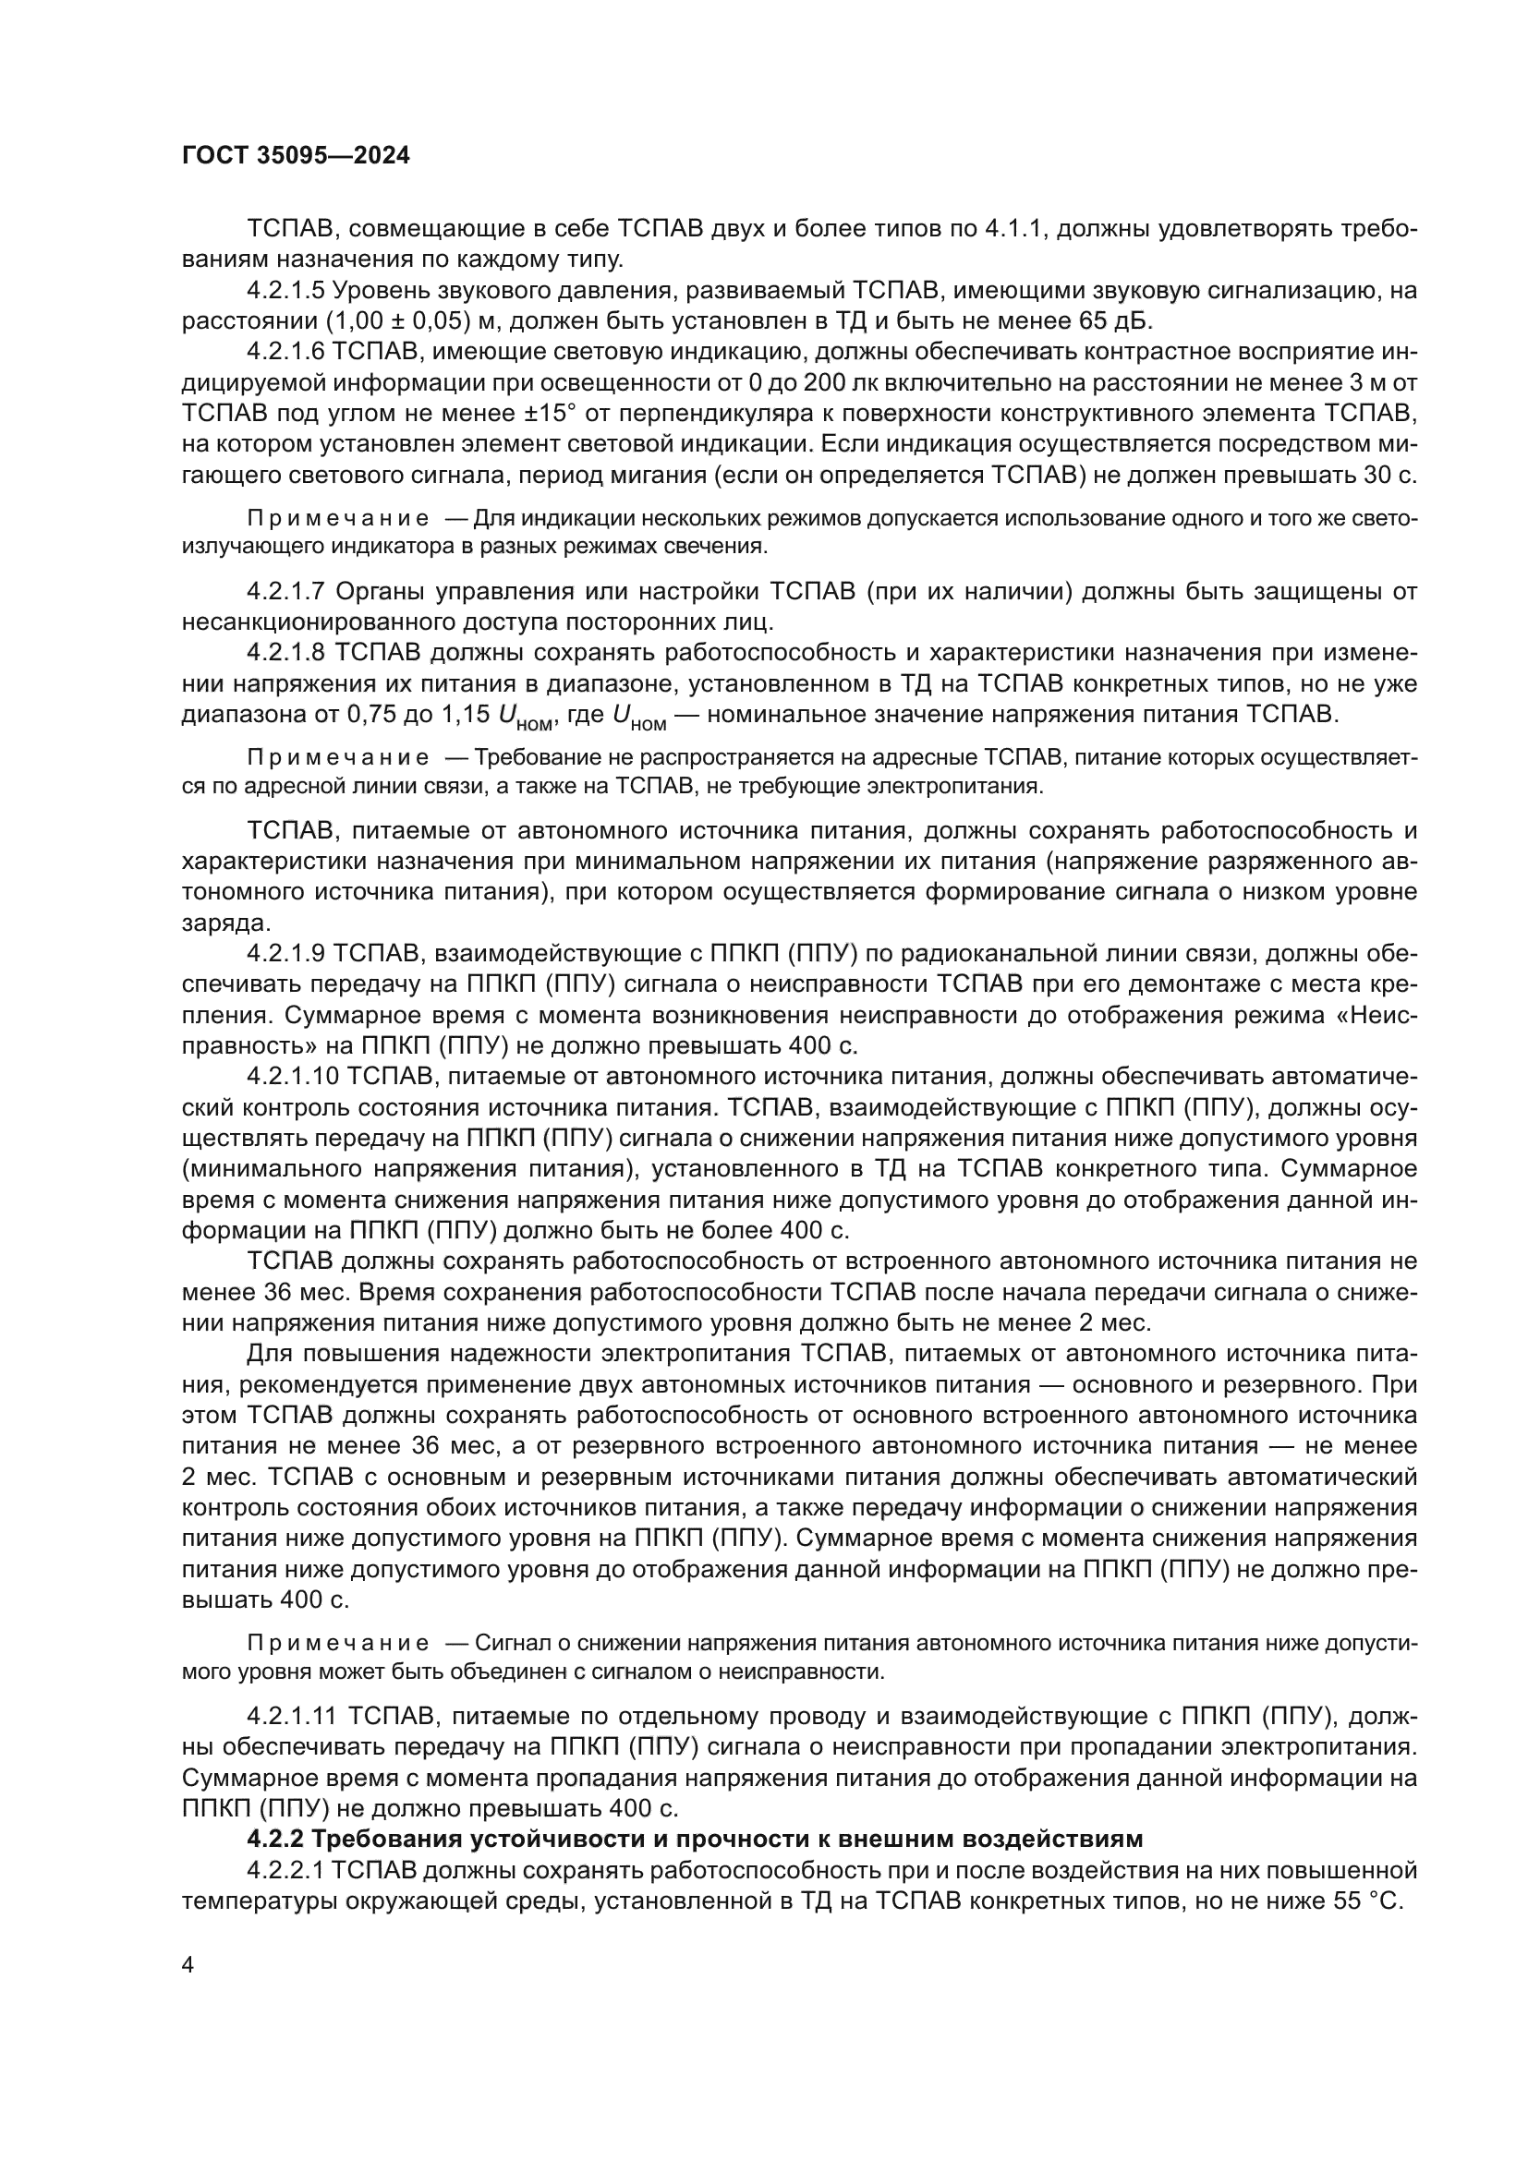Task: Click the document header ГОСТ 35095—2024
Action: click(x=296, y=156)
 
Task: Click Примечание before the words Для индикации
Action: click(x=338, y=518)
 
